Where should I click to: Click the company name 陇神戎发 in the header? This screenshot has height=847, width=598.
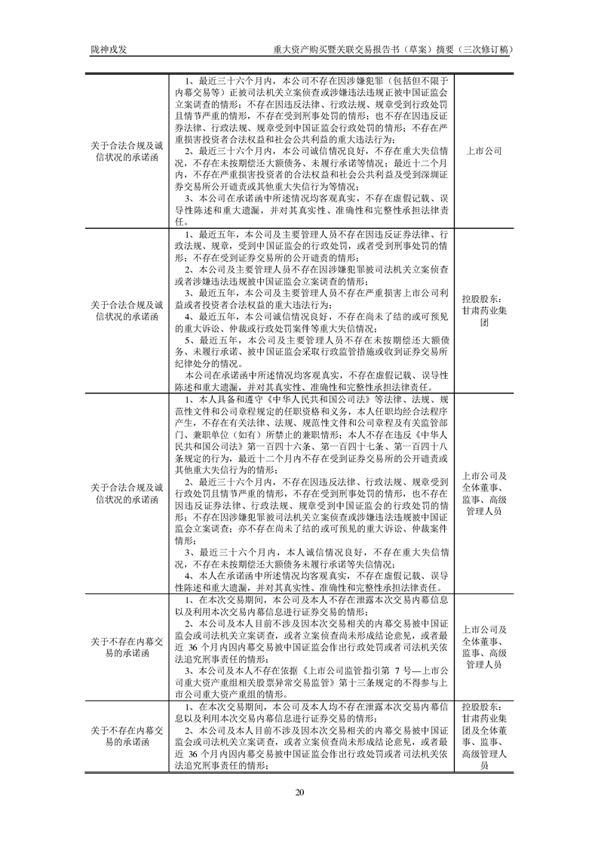103,49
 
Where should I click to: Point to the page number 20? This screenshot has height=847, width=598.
299,791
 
